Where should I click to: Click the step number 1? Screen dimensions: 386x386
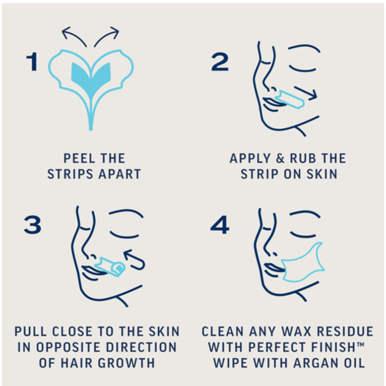pos(32,61)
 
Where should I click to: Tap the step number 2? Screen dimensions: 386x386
pos(220,62)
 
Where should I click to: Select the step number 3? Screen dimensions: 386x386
pos(32,225)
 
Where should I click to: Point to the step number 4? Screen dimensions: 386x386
pos(220,225)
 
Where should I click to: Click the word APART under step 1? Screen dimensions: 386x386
pos(119,174)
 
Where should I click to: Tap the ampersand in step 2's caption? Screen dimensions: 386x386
pos(280,158)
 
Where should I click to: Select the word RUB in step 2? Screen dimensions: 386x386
pos(303,158)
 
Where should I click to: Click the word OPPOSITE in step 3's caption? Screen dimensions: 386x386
pos(68,347)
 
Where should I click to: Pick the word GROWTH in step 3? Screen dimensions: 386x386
pos(126,363)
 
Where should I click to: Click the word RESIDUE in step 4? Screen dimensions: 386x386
pos(345,331)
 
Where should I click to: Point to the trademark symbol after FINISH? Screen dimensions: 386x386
pos(360,344)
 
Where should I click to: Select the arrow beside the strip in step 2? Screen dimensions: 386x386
pos(306,93)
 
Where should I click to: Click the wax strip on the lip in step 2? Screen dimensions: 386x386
pos(290,100)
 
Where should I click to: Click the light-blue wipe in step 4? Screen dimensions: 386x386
pos(303,263)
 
